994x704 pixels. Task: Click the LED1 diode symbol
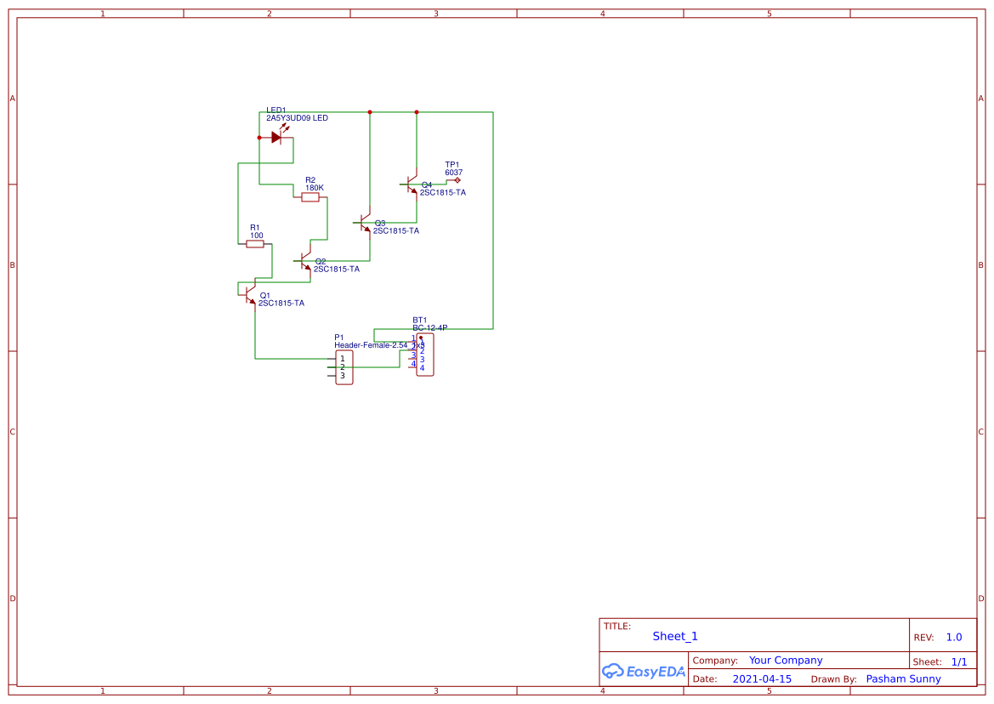(276, 137)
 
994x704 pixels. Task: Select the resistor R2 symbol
(310, 197)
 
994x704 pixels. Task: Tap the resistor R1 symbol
(255, 244)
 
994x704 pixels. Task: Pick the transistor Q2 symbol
(305, 261)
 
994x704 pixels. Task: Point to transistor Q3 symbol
(365, 224)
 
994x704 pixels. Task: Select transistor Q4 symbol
(412, 185)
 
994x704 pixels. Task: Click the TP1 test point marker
(457, 180)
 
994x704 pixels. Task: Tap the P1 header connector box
(344, 367)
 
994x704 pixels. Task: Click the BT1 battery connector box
(424, 355)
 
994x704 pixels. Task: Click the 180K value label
(315, 188)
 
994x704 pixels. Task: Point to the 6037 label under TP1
(453, 173)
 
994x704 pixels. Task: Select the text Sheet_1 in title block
(675, 636)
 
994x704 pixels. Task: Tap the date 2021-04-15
(762, 679)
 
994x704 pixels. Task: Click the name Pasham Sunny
(903, 679)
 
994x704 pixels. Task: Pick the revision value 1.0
(954, 637)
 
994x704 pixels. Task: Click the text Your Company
(786, 661)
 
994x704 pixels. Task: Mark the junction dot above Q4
(417, 112)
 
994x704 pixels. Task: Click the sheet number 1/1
(958, 661)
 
